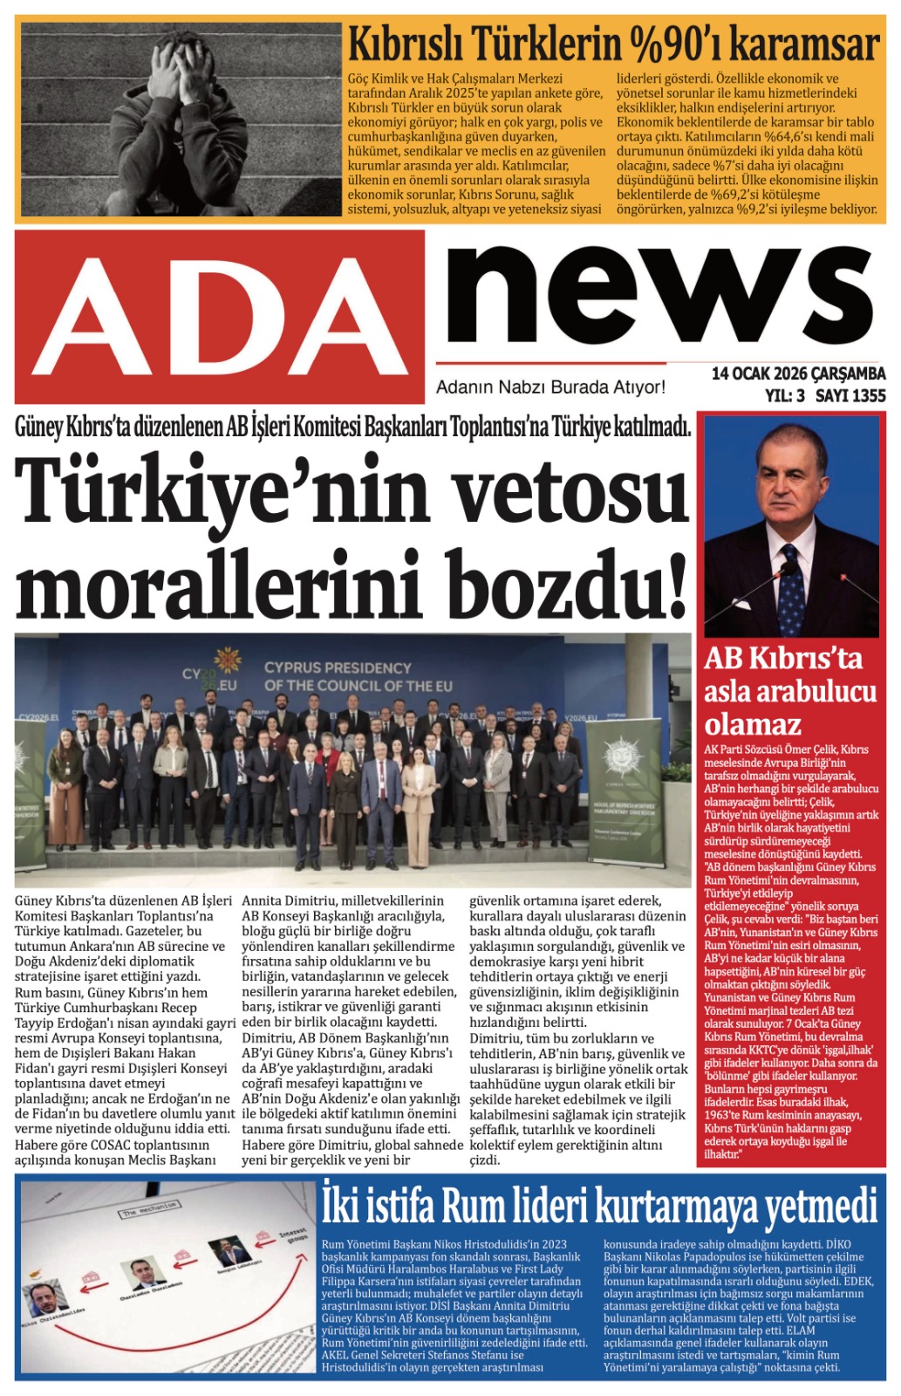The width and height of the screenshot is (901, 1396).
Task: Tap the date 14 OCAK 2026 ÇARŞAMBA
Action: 797,373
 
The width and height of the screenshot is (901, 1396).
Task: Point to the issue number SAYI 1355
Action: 850,395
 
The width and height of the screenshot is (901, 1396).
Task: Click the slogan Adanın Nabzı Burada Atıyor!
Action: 550,387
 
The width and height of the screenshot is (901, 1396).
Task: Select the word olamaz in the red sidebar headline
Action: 752,724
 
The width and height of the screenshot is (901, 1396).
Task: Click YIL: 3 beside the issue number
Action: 784,395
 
